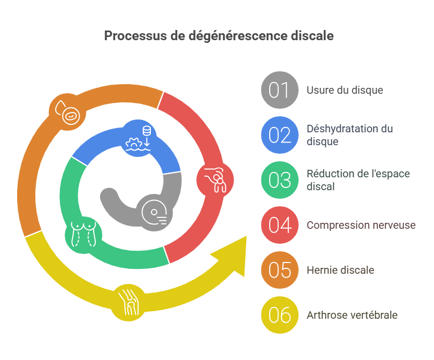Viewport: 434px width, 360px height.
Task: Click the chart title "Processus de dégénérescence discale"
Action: tap(218, 36)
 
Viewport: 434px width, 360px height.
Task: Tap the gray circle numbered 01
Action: tap(279, 90)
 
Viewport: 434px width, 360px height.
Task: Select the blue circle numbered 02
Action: tap(279, 135)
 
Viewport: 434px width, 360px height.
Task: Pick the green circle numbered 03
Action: tap(279, 180)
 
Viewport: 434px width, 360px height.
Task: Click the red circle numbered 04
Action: tap(279, 225)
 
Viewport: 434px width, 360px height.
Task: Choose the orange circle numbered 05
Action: tap(279, 270)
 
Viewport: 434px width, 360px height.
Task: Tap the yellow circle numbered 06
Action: tap(279, 315)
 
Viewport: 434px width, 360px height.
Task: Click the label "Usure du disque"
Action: tap(345, 90)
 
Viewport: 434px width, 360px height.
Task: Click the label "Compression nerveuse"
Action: tap(361, 225)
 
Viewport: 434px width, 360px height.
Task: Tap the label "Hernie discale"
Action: tap(340, 270)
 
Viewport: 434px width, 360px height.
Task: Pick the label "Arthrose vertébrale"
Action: tap(352, 315)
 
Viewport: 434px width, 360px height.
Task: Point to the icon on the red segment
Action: tap(215, 178)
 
